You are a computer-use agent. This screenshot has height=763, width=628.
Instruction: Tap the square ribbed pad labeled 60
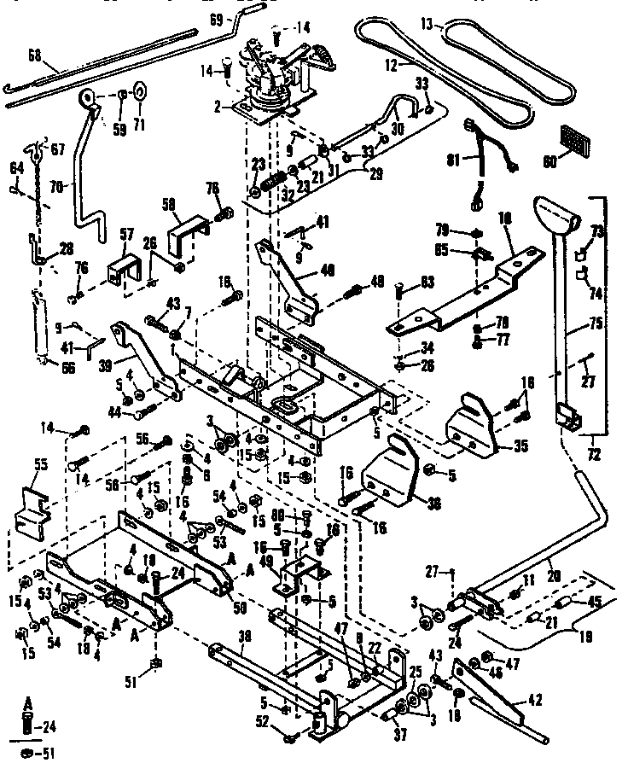click(572, 137)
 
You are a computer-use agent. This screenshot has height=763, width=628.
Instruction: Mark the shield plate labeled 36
click(393, 476)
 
